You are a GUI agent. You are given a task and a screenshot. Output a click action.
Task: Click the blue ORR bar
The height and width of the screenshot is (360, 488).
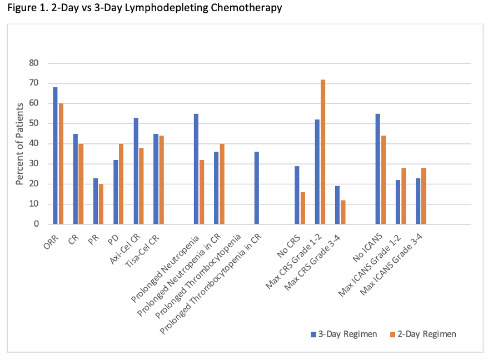click(55, 156)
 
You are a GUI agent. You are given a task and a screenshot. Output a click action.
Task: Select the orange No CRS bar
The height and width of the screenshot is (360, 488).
click(302, 208)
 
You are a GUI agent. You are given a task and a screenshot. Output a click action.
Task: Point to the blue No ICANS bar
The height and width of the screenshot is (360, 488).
click(377, 169)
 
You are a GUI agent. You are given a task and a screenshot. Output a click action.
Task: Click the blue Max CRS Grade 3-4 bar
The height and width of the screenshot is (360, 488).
click(337, 205)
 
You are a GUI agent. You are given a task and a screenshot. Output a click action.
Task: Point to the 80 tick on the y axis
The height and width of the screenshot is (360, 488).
click(34, 63)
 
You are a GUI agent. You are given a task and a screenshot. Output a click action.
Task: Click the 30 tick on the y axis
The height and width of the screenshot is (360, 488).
click(34, 164)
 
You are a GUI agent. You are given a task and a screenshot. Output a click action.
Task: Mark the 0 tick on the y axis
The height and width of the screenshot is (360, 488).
click(36, 224)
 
